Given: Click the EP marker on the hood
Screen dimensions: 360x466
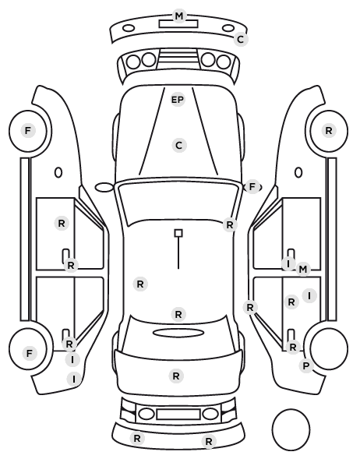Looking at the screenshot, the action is point(178,100).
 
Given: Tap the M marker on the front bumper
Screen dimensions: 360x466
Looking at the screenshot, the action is point(179,16).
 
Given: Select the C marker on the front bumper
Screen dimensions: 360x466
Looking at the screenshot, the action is point(241,39).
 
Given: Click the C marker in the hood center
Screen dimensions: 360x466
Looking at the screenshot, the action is point(179,146).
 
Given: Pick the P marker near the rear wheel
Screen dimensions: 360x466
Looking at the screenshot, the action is point(306,366).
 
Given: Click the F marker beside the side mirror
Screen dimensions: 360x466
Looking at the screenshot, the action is point(252,187).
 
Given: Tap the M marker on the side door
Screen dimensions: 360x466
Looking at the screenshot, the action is point(302,270).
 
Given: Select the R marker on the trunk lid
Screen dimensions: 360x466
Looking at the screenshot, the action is point(176,376).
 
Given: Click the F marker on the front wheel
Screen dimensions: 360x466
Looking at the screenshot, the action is point(28,130).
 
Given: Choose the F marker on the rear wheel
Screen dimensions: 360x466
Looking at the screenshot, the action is point(29,354).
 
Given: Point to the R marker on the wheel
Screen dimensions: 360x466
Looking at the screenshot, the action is point(329,130).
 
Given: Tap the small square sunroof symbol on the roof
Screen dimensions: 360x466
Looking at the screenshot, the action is point(178,233).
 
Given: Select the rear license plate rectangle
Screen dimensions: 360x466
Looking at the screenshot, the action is point(178,415).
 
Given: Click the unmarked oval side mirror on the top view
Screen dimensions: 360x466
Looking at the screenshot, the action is point(104,188).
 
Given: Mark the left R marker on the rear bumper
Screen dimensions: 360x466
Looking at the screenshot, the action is point(137,439).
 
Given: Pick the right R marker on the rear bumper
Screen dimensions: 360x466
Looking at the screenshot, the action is point(209,441).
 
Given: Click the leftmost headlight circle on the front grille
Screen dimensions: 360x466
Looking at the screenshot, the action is point(133,62).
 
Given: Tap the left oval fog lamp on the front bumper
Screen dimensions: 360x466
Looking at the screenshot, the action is point(129,29).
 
